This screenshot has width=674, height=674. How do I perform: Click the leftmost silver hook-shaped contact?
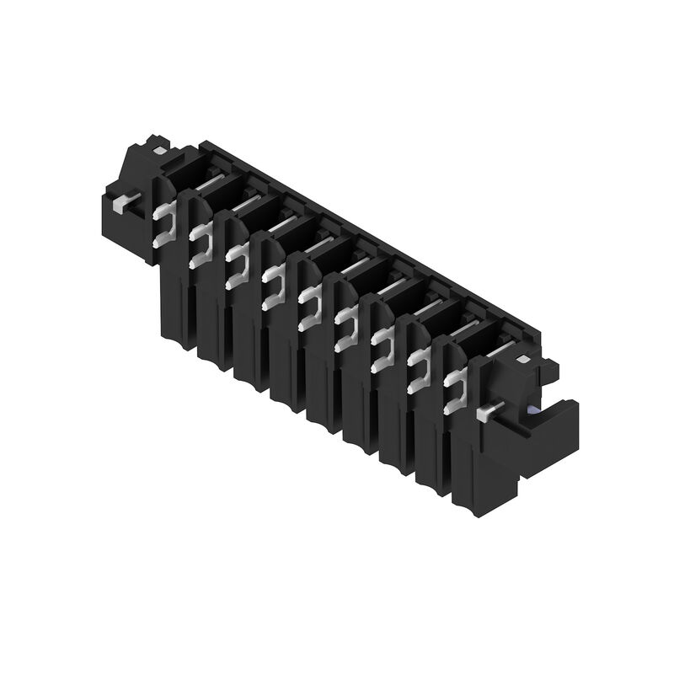point(164,225)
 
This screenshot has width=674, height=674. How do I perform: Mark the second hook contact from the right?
point(419,368)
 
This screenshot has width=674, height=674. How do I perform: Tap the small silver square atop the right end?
point(524,359)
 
